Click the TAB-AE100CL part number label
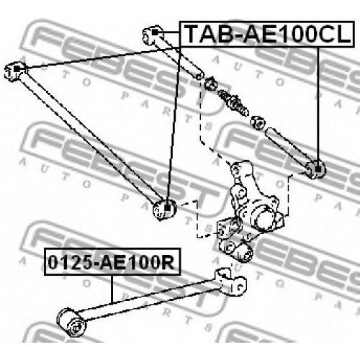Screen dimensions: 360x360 tap(267, 34)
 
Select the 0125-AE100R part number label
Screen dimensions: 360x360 tap(112, 262)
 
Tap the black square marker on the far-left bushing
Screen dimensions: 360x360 tap(17, 69)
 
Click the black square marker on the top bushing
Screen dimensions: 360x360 tap(155, 32)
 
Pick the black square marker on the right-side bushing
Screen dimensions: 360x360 tap(318, 169)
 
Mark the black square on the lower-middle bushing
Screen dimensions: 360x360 tap(167, 208)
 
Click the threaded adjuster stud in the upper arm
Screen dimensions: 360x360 tap(233, 102)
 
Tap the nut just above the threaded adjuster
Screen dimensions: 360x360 tap(211, 83)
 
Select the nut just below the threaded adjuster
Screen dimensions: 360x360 tap(257, 122)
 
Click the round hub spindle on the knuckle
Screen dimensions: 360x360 tap(265, 217)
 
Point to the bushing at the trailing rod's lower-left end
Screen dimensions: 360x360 tap(71, 323)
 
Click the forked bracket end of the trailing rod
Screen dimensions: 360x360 tap(231, 282)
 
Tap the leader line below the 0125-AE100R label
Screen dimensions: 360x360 tap(112, 289)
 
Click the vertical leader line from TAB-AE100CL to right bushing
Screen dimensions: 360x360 tap(318, 107)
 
